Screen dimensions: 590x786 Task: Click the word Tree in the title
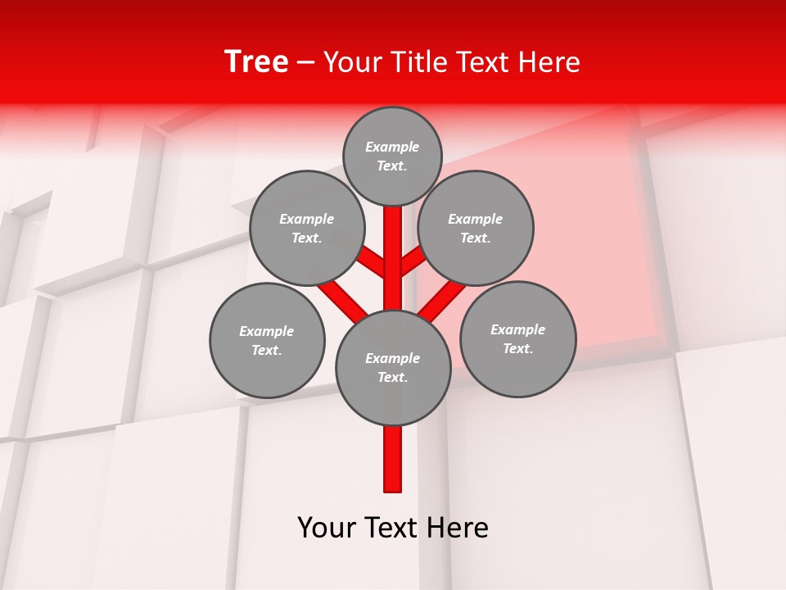click(x=256, y=61)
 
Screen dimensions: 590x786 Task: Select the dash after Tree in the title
click(x=305, y=63)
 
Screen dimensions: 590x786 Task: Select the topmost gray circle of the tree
click(x=392, y=156)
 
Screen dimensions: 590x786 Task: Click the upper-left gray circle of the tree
click(x=306, y=228)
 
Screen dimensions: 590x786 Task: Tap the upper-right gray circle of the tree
click(x=475, y=228)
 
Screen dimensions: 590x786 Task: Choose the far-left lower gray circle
click(x=267, y=340)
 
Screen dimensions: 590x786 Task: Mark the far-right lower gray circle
click(x=517, y=338)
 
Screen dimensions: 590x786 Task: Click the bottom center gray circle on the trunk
click(x=392, y=367)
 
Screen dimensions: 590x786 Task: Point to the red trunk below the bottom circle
click(x=393, y=459)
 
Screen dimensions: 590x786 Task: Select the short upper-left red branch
click(x=373, y=261)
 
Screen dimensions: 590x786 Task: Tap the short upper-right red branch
click(x=413, y=260)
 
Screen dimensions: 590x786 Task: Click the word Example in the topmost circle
click(x=392, y=147)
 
